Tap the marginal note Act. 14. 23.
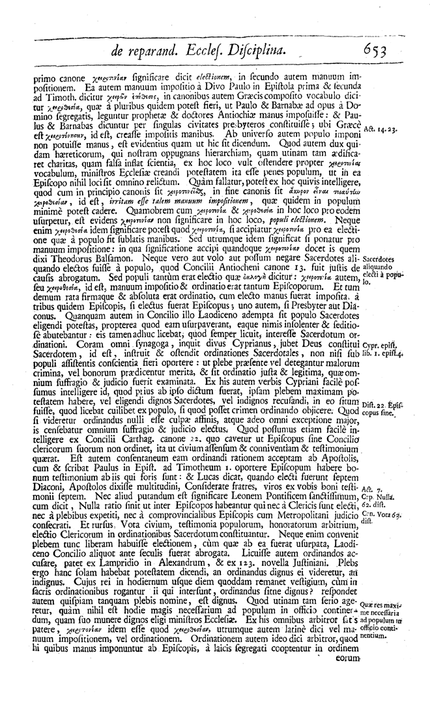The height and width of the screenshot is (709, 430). [x=384, y=129]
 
